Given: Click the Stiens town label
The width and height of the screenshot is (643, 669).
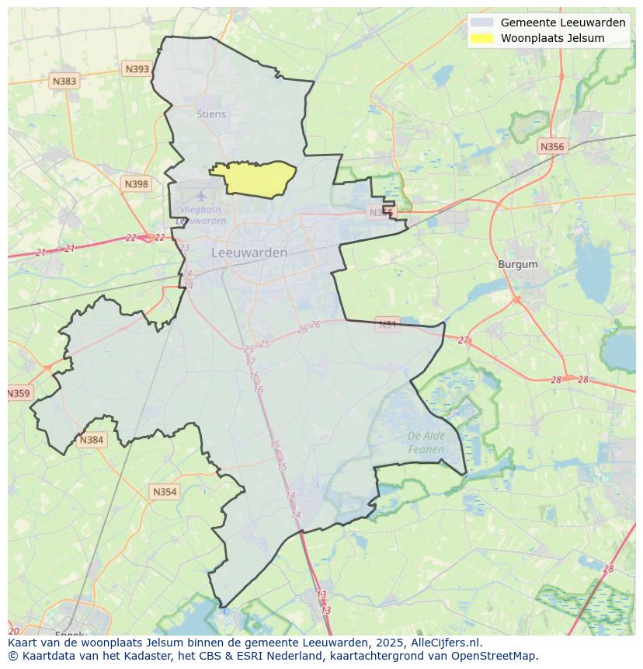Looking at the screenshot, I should pos(211,114).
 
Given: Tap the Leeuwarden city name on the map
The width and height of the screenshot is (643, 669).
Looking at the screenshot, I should pos(249,253).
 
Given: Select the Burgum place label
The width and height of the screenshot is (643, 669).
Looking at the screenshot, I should pos(518,264).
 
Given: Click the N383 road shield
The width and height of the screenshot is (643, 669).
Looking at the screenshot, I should pos(64,81).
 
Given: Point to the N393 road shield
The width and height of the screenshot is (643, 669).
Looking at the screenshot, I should pos(137,69).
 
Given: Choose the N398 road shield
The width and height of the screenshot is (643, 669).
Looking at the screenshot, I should pos(135,183).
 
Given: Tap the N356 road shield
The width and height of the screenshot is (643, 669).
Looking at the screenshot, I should pos(552,146).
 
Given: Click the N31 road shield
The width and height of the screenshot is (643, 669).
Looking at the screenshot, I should pos(387,323).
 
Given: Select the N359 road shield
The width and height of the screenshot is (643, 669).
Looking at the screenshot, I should pos(18,393).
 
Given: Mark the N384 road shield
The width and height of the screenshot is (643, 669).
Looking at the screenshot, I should pos(91,440).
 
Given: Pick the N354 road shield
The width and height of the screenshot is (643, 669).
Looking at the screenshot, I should pos(165,492).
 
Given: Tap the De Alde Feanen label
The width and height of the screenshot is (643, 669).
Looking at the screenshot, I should pos(426,442).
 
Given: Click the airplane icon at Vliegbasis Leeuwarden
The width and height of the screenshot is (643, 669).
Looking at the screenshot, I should pos(201,195).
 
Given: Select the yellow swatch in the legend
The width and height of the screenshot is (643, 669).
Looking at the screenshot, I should pos(481,38).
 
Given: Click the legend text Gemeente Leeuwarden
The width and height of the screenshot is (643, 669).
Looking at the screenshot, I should pos(563,23).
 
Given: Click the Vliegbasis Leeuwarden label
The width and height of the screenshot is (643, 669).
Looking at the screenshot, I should pos(201,215).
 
